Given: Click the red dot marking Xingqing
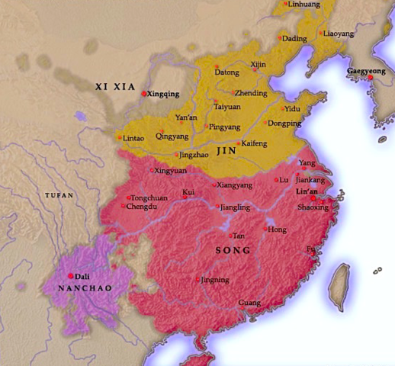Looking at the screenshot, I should [x=143, y=93].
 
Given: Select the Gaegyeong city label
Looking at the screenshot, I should [x=366, y=71].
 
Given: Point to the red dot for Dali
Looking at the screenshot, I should [x=71, y=275].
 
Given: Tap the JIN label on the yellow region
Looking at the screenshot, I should [x=226, y=152].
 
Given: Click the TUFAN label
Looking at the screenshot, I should [x=59, y=196].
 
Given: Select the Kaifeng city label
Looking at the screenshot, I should [x=252, y=143].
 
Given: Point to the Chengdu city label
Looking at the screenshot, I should [x=143, y=207].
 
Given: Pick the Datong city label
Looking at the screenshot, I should [x=228, y=73].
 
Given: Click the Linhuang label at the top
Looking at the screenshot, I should [x=303, y=5].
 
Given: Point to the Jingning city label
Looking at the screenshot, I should [x=214, y=280].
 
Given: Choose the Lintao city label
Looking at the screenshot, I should [x=133, y=139].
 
